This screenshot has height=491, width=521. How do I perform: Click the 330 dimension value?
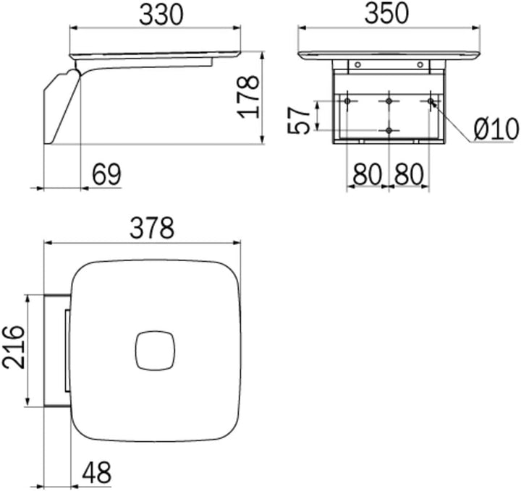tap(161, 15)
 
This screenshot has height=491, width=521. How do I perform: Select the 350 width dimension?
tap(386, 14)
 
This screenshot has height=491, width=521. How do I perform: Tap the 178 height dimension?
tap(248, 97)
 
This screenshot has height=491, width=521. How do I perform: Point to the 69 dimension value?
tap(106, 174)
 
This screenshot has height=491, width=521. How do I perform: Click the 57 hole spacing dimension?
tap(298, 120)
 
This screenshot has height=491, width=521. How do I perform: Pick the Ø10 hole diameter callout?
tap(496, 129)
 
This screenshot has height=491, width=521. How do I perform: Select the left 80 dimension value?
tap(367, 174)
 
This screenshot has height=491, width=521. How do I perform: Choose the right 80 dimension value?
tap(409, 174)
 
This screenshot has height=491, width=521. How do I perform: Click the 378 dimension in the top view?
tap(152, 228)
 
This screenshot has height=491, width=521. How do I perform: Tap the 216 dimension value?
tap(14, 347)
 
